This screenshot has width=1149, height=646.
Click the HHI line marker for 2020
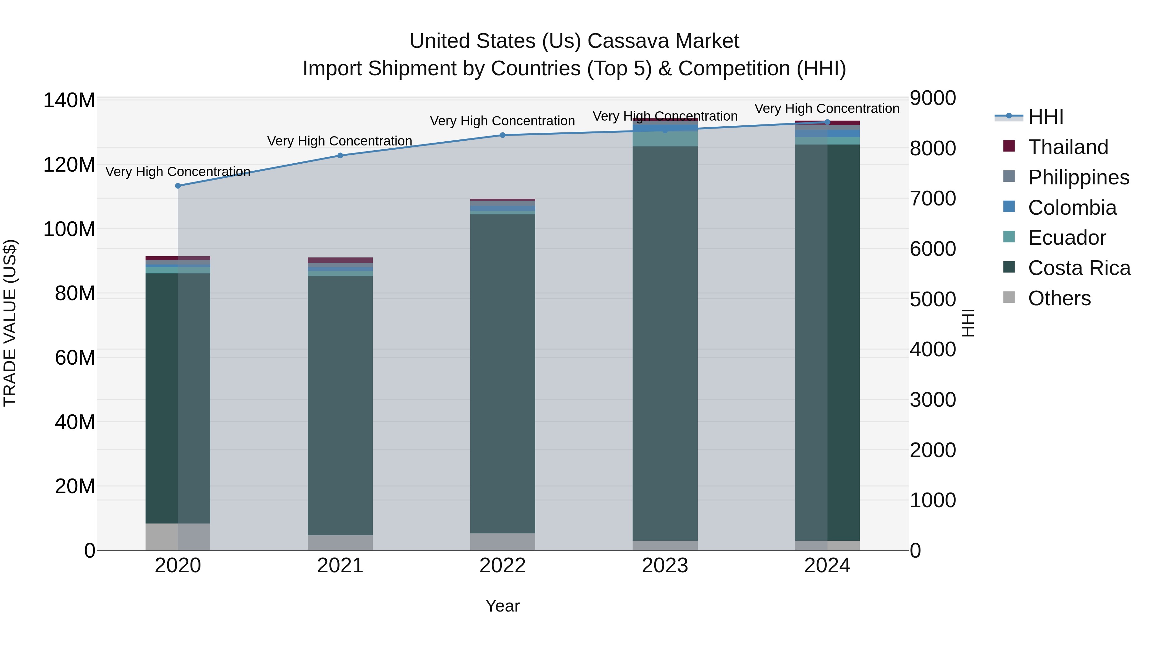pyautogui.click(x=178, y=186)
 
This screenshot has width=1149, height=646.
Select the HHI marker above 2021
pyautogui.click(x=340, y=156)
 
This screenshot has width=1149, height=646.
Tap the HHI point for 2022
pyautogui.click(x=503, y=135)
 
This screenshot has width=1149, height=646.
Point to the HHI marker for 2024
pyautogui.click(x=827, y=122)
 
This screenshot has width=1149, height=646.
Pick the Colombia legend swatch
pyautogui.click(x=1009, y=207)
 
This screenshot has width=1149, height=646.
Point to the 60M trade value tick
pyautogui.click(x=75, y=358)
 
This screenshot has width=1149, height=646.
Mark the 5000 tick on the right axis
pyautogui.click(x=933, y=299)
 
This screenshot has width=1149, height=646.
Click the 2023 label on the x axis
pyautogui.click(x=665, y=566)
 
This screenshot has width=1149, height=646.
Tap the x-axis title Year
pyautogui.click(x=503, y=606)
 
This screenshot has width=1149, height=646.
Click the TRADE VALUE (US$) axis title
pyautogui.click(x=10, y=323)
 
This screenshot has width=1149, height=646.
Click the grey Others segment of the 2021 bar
pyautogui.click(x=340, y=543)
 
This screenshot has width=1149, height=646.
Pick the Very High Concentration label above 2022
pyautogui.click(x=503, y=121)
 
